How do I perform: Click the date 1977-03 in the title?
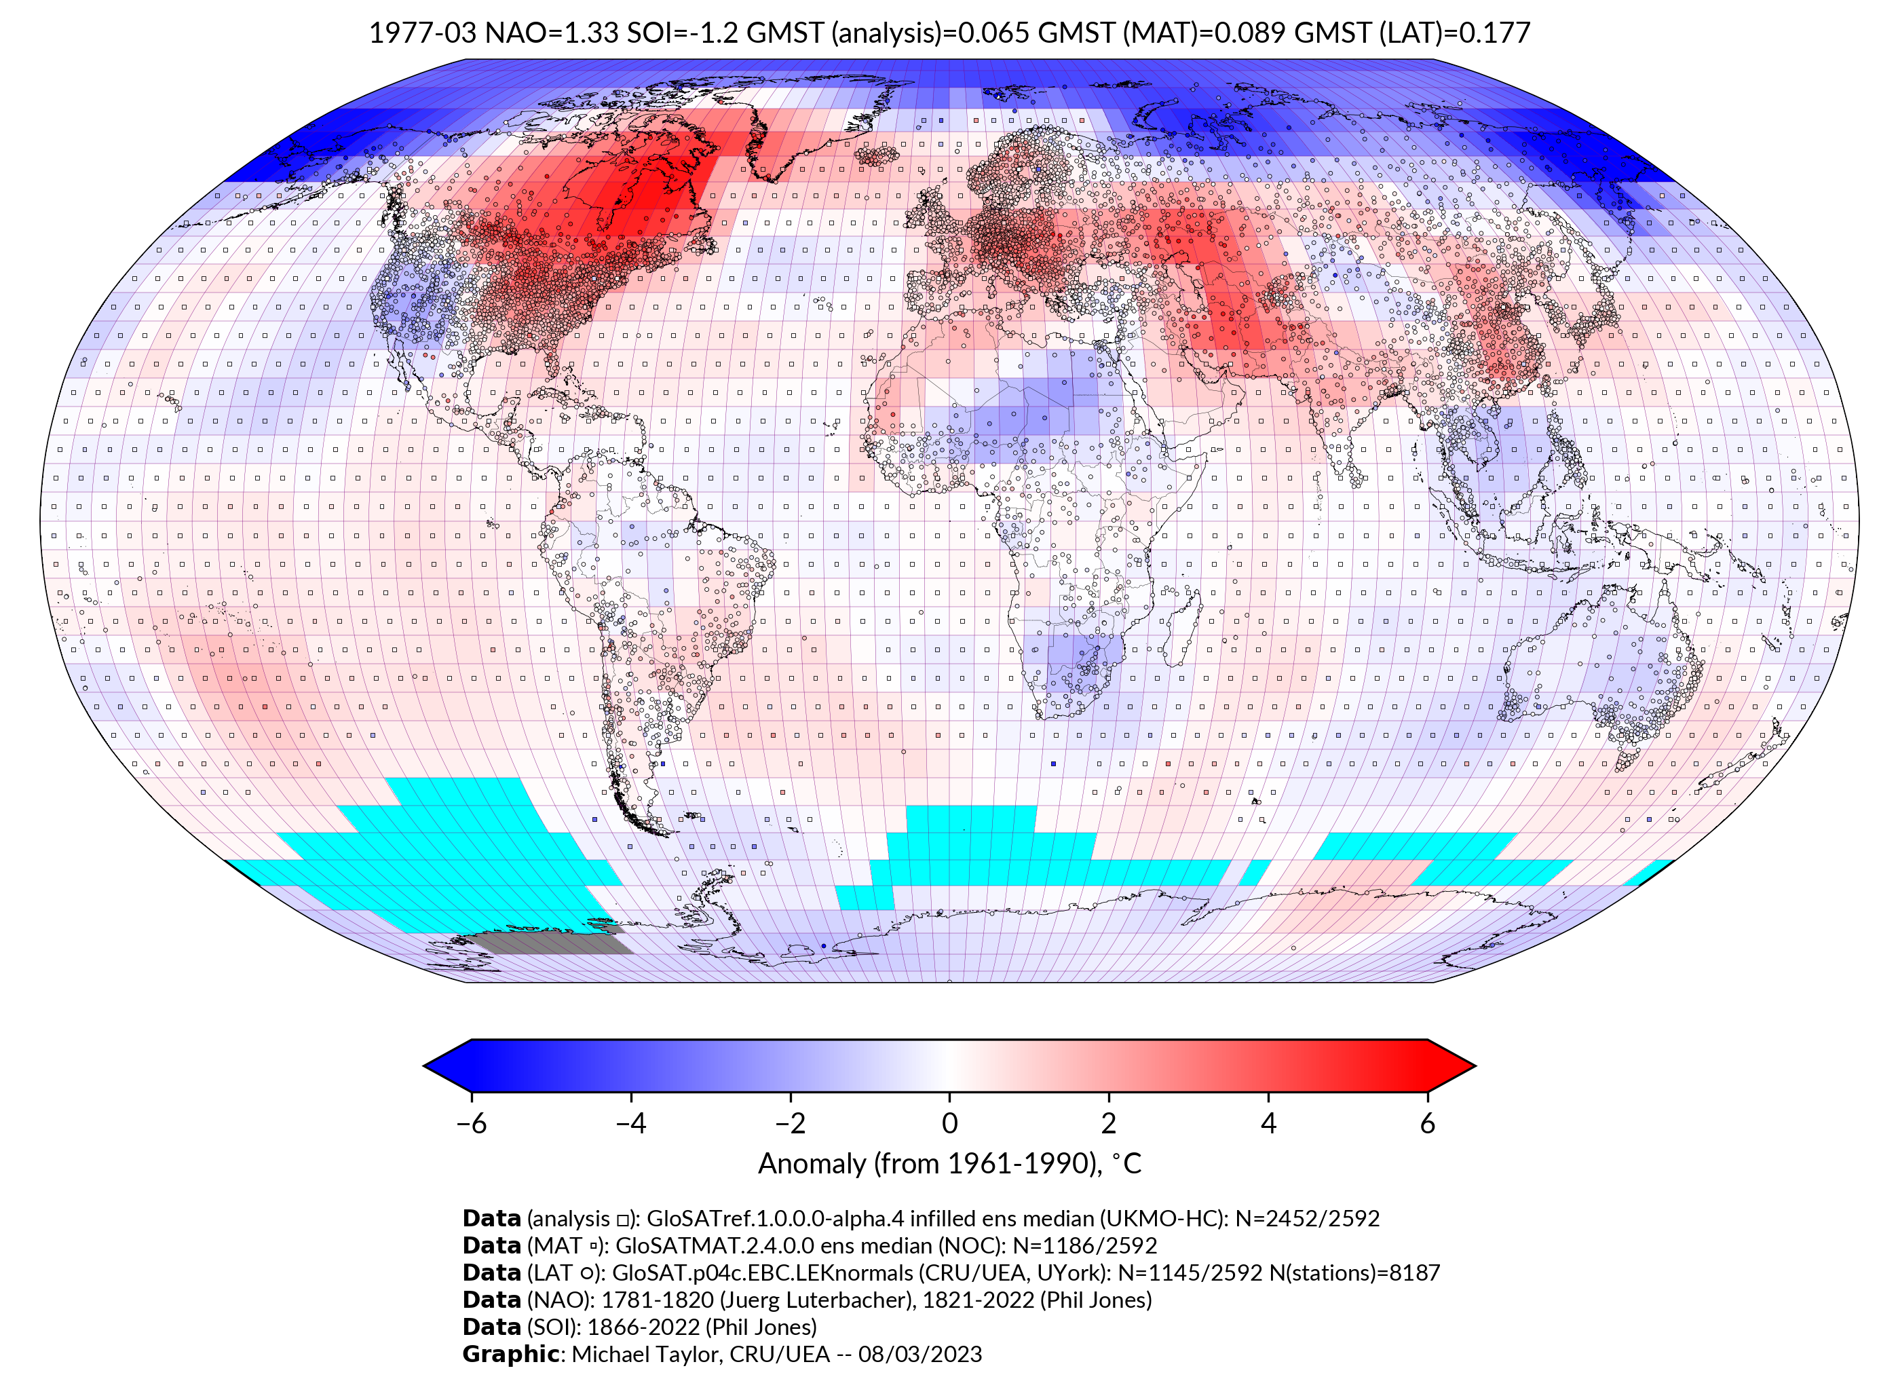click(x=423, y=33)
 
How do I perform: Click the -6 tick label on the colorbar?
click(x=470, y=1123)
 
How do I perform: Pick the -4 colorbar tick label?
click(x=630, y=1123)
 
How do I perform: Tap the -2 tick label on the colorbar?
click(x=790, y=1123)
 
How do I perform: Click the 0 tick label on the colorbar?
click(x=949, y=1123)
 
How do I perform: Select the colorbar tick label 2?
click(x=1109, y=1123)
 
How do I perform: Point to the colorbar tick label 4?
click(x=1268, y=1123)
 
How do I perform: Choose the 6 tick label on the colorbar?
click(x=1427, y=1123)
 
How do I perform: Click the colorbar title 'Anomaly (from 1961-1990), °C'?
click(x=949, y=1164)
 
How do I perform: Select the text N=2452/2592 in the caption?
click(x=1307, y=1219)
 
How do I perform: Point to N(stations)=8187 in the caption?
click(x=1354, y=1272)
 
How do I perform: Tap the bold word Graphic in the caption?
click(x=510, y=1354)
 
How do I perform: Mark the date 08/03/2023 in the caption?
click(x=920, y=1354)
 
